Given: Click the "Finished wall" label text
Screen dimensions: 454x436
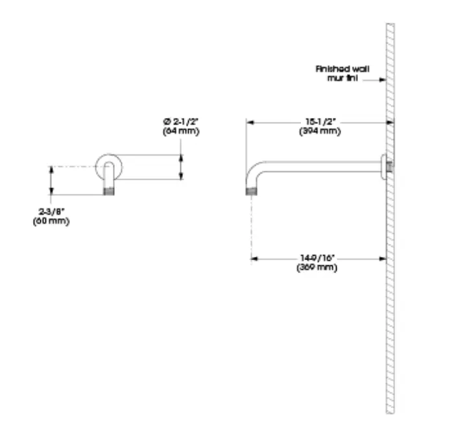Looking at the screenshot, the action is (342, 69).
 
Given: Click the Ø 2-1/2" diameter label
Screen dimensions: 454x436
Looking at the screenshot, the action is (181, 121).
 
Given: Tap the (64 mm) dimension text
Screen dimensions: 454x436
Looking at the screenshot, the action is (181, 130).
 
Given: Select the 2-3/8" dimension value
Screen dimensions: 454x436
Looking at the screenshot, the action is (51, 212).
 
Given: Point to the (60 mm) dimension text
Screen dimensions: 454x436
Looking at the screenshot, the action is (51, 221).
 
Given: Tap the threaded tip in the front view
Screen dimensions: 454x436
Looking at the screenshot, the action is (110, 191).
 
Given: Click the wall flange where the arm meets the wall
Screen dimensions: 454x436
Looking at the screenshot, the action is (386, 167).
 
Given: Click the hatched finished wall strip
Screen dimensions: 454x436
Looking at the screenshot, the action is (390, 292).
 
